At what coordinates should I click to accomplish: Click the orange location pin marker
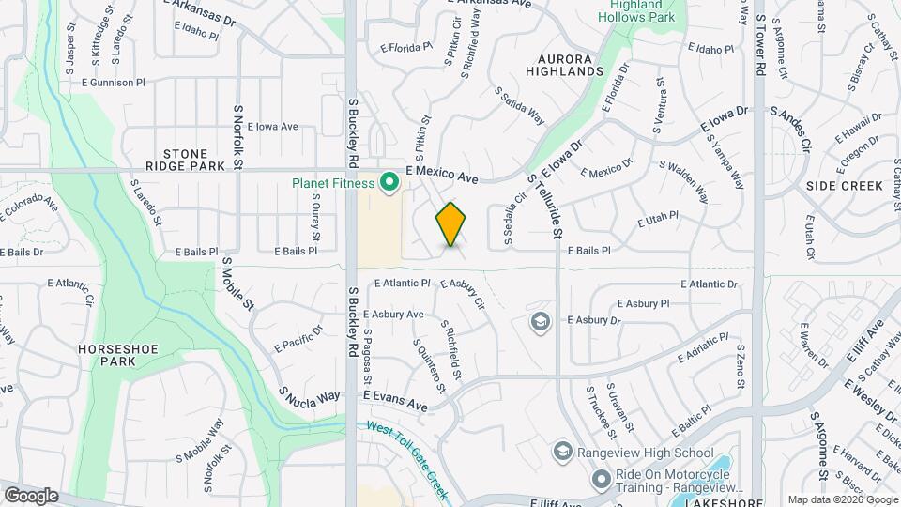tap(451, 224)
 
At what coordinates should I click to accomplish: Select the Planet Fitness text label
tap(333, 183)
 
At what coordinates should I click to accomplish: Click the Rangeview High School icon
tap(562, 453)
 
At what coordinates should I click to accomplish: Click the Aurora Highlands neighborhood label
tap(564, 64)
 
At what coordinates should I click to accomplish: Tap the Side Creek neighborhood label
tap(843, 186)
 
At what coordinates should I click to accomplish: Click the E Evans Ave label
tap(395, 401)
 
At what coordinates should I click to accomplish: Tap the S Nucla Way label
tap(309, 395)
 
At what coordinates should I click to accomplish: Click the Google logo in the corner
tap(31, 495)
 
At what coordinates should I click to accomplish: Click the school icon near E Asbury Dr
tap(540, 323)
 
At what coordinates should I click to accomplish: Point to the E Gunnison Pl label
tap(114, 83)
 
